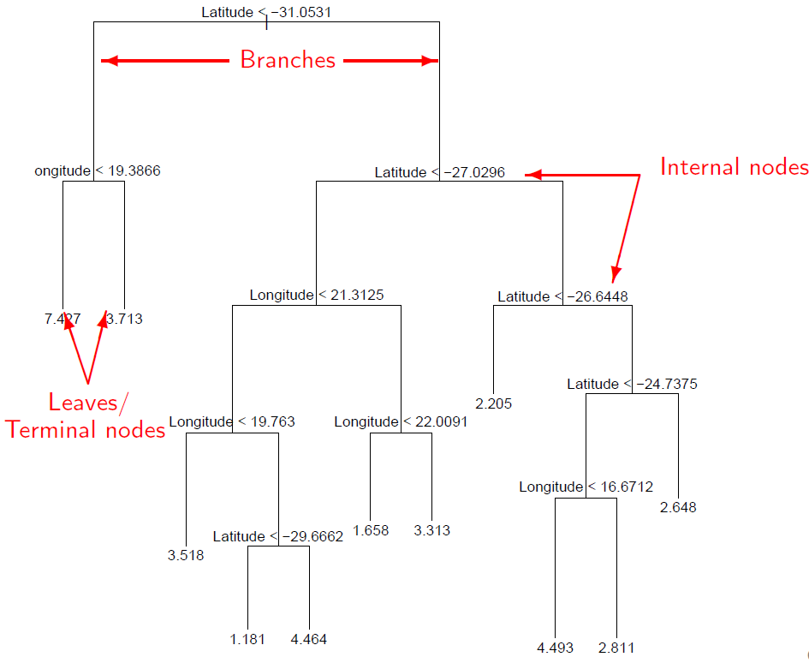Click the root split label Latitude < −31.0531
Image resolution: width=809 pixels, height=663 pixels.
pyautogui.click(x=266, y=12)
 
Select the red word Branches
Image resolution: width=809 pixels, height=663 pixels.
pyautogui.click(x=288, y=60)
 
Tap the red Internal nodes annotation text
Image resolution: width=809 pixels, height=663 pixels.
pyautogui.click(x=734, y=167)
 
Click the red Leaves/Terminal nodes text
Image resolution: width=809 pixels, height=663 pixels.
pyautogui.click(x=86, y=415)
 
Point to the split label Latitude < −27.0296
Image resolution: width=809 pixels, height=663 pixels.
pyautogui.click(x=439, y=172)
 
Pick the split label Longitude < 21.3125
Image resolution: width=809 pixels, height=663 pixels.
pyautogui.click(x=317, y=295)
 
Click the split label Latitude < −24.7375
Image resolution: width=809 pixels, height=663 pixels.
pyautogui.click(x=632, y=384)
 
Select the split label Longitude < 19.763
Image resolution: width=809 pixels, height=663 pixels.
pyautogui.click(x=232, y=421)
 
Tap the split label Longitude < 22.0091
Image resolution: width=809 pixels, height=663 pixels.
pyautogui.click(x=401, y=421)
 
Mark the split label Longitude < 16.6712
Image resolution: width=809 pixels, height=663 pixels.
pyautogui.click(x=586, y=487)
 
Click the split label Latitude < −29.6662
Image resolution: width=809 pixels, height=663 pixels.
pyautogui.click(x=278, y=536)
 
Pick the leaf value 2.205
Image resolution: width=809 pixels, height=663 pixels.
pyautogui.click(x=493, y=403)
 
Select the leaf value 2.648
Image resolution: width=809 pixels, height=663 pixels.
pyautogui.click(x=678, y=507)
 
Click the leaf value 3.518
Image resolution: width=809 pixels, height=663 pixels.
pyautogui.click(x=186, y=554)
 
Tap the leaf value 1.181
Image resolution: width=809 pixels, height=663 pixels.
pyautogui.click(x=247, y=639)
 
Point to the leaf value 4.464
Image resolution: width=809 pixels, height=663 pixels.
pyautogui.click(x=309, y=639)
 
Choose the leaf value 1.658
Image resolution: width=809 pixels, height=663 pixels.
pyautogui.click(x=370, y=530)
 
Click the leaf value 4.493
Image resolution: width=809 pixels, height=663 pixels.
pyautogui.click(x=555, y=648)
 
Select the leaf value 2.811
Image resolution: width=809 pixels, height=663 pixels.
pyautogui.click(x=616, y=648)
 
